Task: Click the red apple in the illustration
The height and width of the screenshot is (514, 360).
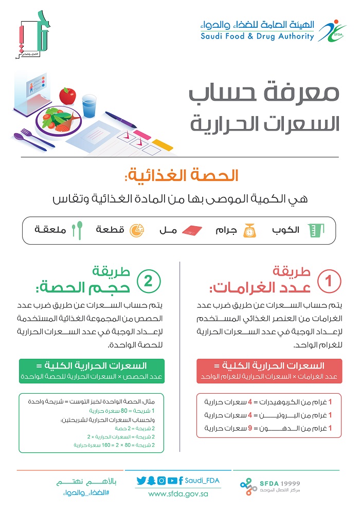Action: [67, 96]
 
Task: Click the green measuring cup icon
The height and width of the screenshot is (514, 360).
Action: [312, 231]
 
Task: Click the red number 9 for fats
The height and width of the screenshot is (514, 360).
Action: [251, 428]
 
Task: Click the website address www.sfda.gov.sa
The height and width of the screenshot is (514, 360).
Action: [178, 494]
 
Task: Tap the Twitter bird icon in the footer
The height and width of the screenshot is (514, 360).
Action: [141, 481]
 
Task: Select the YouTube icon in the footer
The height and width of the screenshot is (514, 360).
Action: [172, 481]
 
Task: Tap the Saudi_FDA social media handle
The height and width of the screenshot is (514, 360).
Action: [202, 481]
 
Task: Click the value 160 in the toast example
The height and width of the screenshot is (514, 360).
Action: [102, 445]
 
